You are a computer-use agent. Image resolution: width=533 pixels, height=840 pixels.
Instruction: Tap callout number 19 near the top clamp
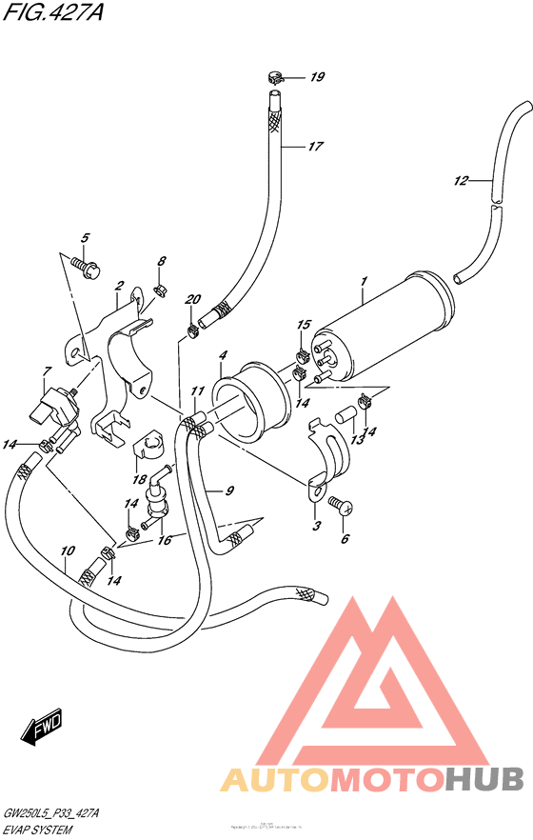pyautogui.click(x=317, y=77)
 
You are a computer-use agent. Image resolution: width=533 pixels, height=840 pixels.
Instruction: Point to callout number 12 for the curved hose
pyautogui.click(x=461, y=180)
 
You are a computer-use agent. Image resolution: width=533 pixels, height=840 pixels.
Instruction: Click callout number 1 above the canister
pyautogui.click(x=363, y=281)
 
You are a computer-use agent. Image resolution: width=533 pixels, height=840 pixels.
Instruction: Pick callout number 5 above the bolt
pyautogui.click(x=85, y=237)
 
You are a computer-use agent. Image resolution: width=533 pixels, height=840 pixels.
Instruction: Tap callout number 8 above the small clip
pyautogui.click(x=162, y=261)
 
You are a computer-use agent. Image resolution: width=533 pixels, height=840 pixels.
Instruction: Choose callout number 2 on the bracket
pyautogui.click(x=121, y=286)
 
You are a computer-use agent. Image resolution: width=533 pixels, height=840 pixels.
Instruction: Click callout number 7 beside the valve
pyautogui.click(x=45, y=370)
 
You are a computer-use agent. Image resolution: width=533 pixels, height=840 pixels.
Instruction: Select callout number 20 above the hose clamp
pyautogui.click(x=194, y=300)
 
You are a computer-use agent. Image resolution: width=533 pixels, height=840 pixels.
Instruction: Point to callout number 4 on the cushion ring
pyautogui.click(x=222, y=355)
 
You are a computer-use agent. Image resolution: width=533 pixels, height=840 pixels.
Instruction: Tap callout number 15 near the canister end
pyautogui.click(x=304, y=326)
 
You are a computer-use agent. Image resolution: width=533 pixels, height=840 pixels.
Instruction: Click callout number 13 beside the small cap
pyautogui.click(x=357, y=440)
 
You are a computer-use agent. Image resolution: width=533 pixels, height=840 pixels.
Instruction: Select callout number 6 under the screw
pyautogui.click(x=345, y=539)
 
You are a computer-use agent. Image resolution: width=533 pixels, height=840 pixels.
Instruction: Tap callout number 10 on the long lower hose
pyautogui.click(x=66, y=551)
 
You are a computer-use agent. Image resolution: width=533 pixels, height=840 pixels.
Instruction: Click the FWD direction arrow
pyautogui.click(x=42, y=731)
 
